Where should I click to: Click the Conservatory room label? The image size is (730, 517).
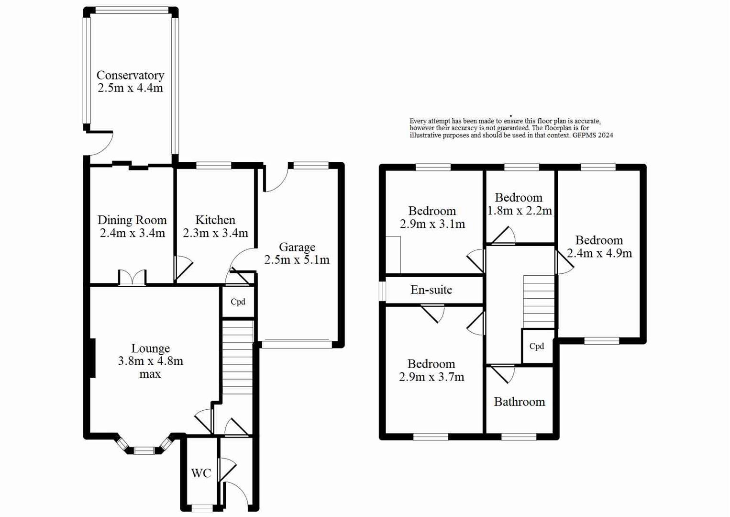click(x=130, y=75)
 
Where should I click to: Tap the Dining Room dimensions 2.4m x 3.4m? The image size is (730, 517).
click(x=132, y=233)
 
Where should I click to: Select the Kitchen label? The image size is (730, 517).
click(x=215, y=220)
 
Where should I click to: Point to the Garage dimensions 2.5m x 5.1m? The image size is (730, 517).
click(x=297, y=260)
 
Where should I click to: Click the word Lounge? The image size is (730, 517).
click(x=150, y=348)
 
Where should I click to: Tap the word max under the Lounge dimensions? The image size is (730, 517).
click(x=150, y=374)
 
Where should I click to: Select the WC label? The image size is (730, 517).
click(x=201, y=473)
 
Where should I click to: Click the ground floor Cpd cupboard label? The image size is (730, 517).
click(x=238, y=302)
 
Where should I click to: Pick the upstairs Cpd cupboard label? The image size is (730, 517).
click(x=536, y=346)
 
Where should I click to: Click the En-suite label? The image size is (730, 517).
click(x=431, y=290)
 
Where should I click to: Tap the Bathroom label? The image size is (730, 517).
click(x=519, y=402)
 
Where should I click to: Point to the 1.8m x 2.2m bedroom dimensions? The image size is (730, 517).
click(x=520, y=211)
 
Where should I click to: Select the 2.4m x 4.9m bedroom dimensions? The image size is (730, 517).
click(x=599, y=253)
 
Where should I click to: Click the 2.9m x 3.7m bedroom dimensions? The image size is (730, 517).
click(x=431, y=377)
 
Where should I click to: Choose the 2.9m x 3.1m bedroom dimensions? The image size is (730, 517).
click(x=432, y=224)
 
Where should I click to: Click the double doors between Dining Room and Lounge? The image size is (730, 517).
click(x=132, y=279)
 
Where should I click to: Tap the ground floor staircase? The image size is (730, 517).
click(x=238, y=357)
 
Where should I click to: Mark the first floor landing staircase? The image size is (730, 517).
click(x=539, y=301)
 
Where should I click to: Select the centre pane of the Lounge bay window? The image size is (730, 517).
click(x=144, y=450)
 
